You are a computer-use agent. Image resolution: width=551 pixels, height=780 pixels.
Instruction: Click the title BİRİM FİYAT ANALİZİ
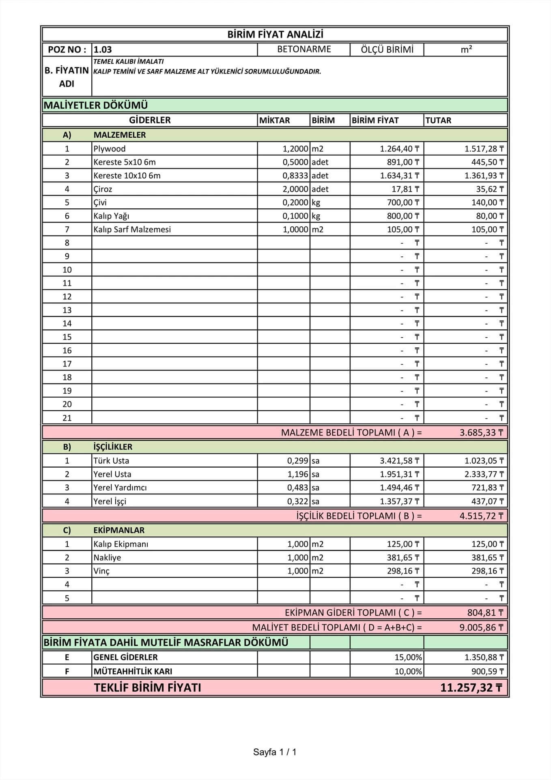pos(275,35)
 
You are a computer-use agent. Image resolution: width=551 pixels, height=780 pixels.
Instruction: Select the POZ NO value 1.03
pos(103,50)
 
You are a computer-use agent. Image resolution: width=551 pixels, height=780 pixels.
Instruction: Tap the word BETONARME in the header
pos(304,49)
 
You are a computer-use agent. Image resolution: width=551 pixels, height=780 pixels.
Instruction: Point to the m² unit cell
pos(466,49)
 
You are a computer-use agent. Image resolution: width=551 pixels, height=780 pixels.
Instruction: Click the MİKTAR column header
pos(275,120)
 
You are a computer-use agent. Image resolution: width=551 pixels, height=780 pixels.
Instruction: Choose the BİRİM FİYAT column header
pos(375,120)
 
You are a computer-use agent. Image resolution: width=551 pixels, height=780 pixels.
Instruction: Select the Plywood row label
pos(110,149)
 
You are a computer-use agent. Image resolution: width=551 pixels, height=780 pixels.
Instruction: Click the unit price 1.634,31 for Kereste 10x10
pos(399,175)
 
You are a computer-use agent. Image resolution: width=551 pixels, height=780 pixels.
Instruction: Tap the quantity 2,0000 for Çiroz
pos(295,189)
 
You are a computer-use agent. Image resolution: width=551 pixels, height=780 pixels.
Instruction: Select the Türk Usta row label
pos(111,461)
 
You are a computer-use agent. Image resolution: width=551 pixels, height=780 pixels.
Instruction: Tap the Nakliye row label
pos(107,557)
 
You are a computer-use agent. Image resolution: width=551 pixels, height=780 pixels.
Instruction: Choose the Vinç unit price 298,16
pos(403,571)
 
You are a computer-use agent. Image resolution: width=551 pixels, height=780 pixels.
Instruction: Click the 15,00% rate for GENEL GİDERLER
pos(408,657)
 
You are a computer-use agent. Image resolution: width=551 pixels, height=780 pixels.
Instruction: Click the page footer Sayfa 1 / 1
pos(275,752)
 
